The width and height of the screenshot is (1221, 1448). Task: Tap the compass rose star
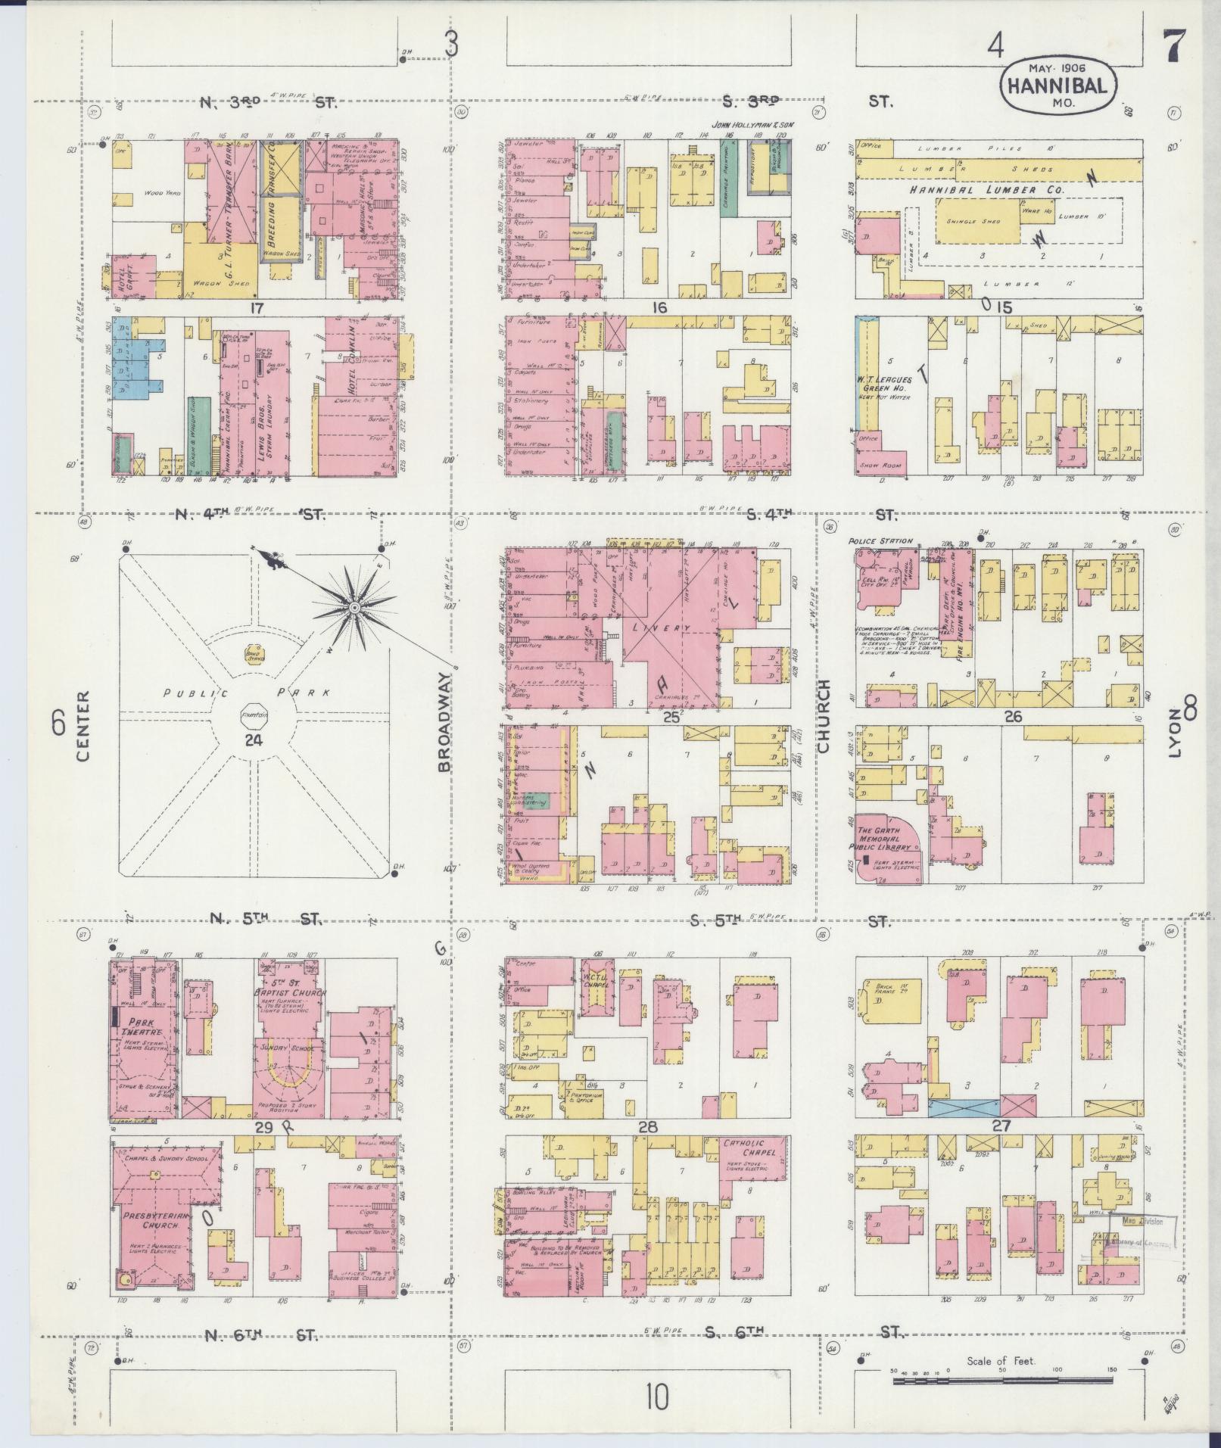[x=353, y=608]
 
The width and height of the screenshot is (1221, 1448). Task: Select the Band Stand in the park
[x=253, y=652]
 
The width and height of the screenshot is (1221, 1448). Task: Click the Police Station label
[x=880, y=542]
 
